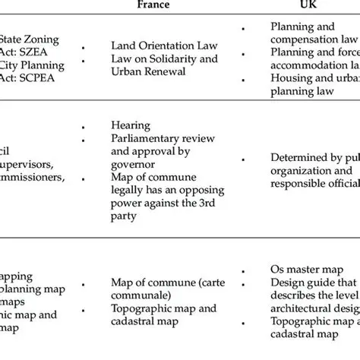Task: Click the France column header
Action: (153, 4)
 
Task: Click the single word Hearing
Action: (131, 125)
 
